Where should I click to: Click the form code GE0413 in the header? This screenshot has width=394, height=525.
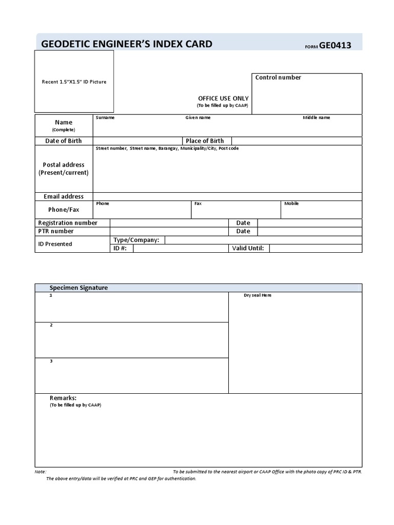point(335,45)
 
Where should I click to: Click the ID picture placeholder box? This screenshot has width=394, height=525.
point(74,82)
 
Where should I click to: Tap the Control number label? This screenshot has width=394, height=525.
point(278,77)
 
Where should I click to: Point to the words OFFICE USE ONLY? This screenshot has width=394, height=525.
point(223,98)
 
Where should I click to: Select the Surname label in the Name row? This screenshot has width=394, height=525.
point(105,117)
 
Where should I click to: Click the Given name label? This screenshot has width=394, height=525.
point(198,117)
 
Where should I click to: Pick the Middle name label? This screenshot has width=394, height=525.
point(316,117)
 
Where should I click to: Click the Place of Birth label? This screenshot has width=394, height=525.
point(205,141)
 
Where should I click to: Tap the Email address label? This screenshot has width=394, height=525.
point(64,196)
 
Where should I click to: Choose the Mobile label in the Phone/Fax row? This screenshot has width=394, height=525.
point(291,204)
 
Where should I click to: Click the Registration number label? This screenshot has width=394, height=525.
point(68,223)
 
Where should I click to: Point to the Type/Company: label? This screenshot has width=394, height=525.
point(136,240)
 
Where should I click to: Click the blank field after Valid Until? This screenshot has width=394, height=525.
point(315,249)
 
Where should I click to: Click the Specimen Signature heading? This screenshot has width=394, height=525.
point(78,288)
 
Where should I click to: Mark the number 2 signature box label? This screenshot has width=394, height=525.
point(51,325)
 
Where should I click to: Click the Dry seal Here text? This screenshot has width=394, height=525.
point(258,296)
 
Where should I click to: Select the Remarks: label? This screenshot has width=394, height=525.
point(63,398)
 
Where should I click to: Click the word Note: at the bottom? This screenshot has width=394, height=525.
point(41,472)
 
